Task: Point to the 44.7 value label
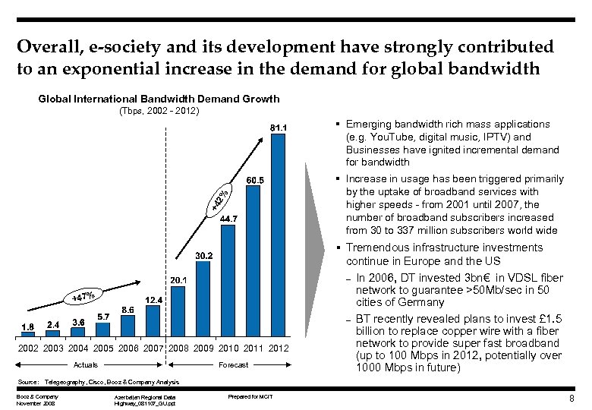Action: point(229,219)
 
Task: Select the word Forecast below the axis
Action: point(232,364)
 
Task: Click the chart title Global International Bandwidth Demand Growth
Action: point(159,99)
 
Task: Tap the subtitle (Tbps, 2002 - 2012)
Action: point(158,112)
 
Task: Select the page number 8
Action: point(579,399)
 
